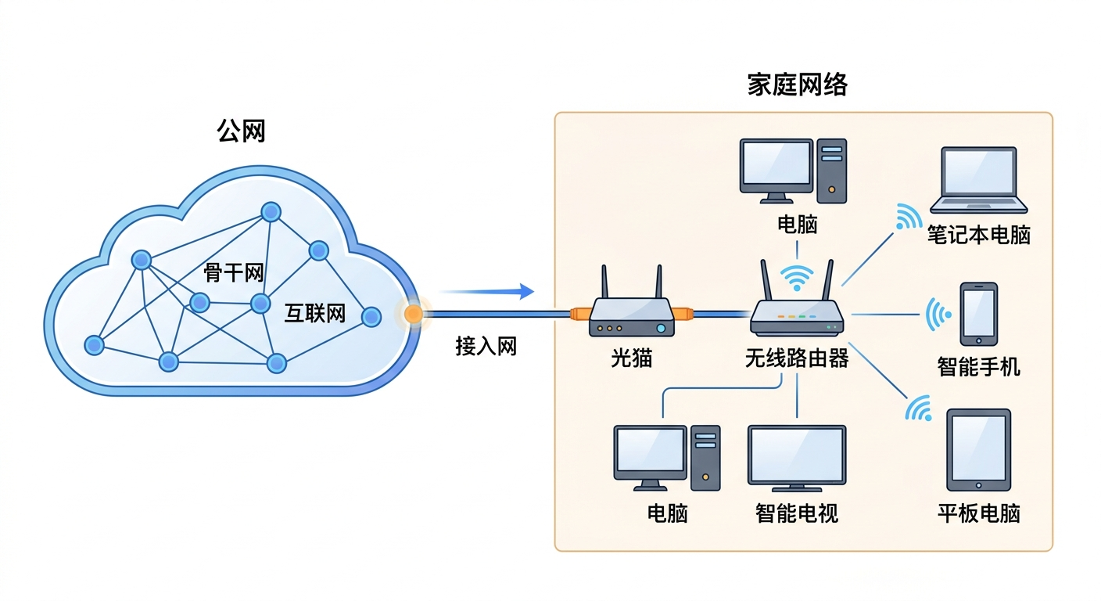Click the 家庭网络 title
point(797,85)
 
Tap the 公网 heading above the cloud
point(241,131)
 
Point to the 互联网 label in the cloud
point(314,315)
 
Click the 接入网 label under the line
point(486,347)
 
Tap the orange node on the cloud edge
point(413,315)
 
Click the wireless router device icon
point(797,316)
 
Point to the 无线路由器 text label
point(797,359)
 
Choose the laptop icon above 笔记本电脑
point(978,181)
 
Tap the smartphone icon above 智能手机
point(978,314)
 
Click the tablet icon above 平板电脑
point(978,450)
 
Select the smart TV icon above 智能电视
point(797,459)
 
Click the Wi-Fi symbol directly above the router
point(797,276)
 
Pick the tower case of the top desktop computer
point(831,171)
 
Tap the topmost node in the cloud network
point(271,212)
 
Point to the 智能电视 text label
point(797,513)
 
